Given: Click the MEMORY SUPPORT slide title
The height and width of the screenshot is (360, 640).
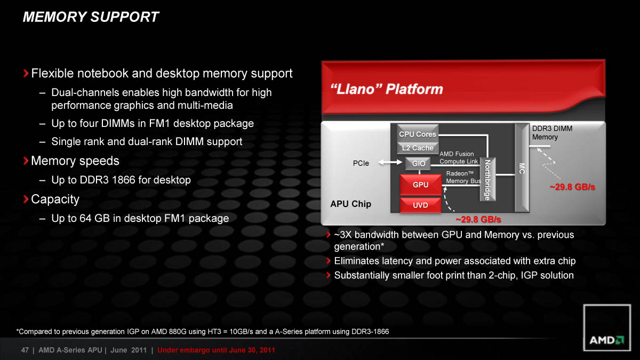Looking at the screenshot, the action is coord(91,17).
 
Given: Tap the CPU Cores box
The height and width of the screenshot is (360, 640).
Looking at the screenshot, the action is coord(418,133).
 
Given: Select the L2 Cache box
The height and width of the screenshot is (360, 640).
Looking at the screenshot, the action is coord(418,148).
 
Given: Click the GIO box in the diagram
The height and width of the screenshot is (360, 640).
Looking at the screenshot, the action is coord(418,163).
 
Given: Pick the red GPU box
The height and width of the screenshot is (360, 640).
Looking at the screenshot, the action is coord(420,185).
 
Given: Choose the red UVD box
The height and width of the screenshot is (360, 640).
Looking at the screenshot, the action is coord(420,205).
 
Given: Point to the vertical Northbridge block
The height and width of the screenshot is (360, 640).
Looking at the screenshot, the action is coord(487,179).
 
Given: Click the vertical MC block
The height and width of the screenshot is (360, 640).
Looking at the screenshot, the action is coord(522,168).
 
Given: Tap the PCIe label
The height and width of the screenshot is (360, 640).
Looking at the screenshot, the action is coord(361,163).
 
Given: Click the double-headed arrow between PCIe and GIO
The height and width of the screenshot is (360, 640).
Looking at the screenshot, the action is coord(390,163).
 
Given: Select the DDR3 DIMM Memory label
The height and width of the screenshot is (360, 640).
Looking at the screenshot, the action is coord(552,133).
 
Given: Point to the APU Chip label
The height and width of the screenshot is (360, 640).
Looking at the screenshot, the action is coord(350,204).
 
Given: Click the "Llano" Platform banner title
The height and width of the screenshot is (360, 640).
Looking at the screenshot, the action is coord(387,89).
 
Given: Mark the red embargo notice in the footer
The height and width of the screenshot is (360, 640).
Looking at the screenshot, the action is coord(216,350).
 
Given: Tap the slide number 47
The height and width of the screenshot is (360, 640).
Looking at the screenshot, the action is coord(25,350).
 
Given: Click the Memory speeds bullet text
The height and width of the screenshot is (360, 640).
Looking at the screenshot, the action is coord(75,161).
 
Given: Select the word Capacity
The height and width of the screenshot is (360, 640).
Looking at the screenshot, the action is coord(55,199).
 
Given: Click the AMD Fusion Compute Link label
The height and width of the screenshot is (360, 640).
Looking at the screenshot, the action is coord(459,157).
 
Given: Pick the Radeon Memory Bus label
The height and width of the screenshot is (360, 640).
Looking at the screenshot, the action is coord(463,177).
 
